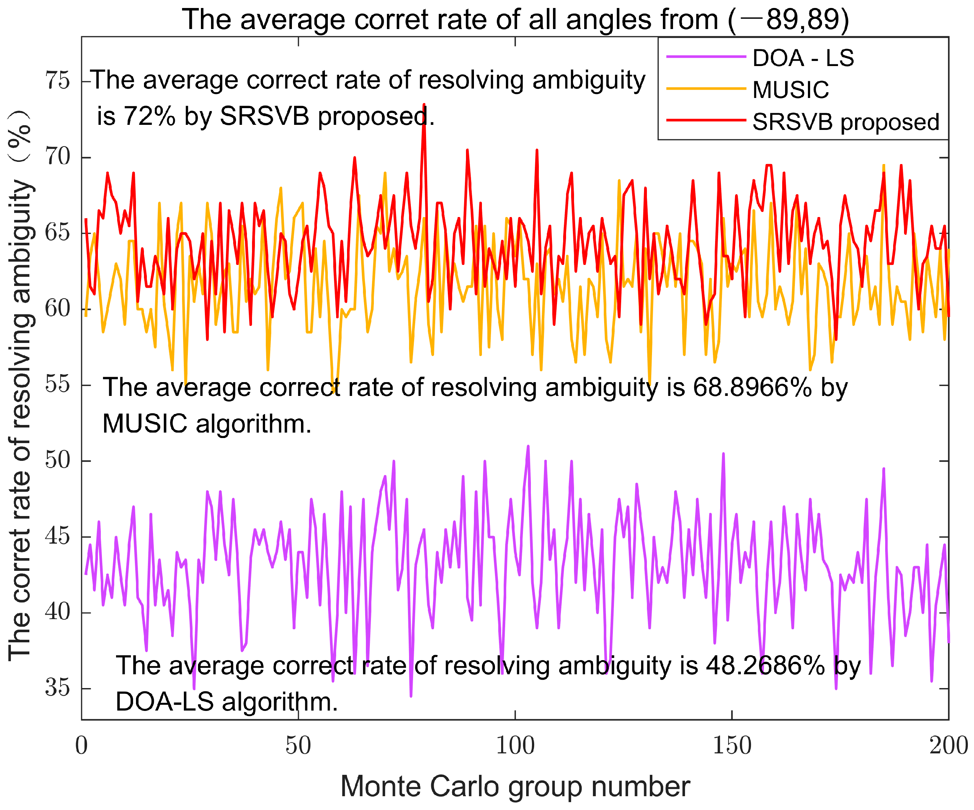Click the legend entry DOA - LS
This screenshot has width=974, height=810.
pos(803,58)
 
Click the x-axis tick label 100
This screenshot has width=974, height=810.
pos(515,746)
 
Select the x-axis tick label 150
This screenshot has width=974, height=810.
pos(731,746)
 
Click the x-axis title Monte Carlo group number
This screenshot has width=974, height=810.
pos(515,787)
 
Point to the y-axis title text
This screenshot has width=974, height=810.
pos(21,385)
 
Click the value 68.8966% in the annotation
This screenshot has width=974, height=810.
pos(752,387)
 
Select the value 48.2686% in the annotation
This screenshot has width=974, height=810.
pos(765,665)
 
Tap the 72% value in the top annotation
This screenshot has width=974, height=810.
pos(149,116)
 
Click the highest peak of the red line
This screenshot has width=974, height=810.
pos(424,105)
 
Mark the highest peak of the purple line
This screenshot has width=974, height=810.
pos(528,446)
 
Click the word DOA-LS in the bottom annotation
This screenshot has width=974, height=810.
pos(164,701)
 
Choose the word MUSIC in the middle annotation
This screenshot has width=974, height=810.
pos(145,424)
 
